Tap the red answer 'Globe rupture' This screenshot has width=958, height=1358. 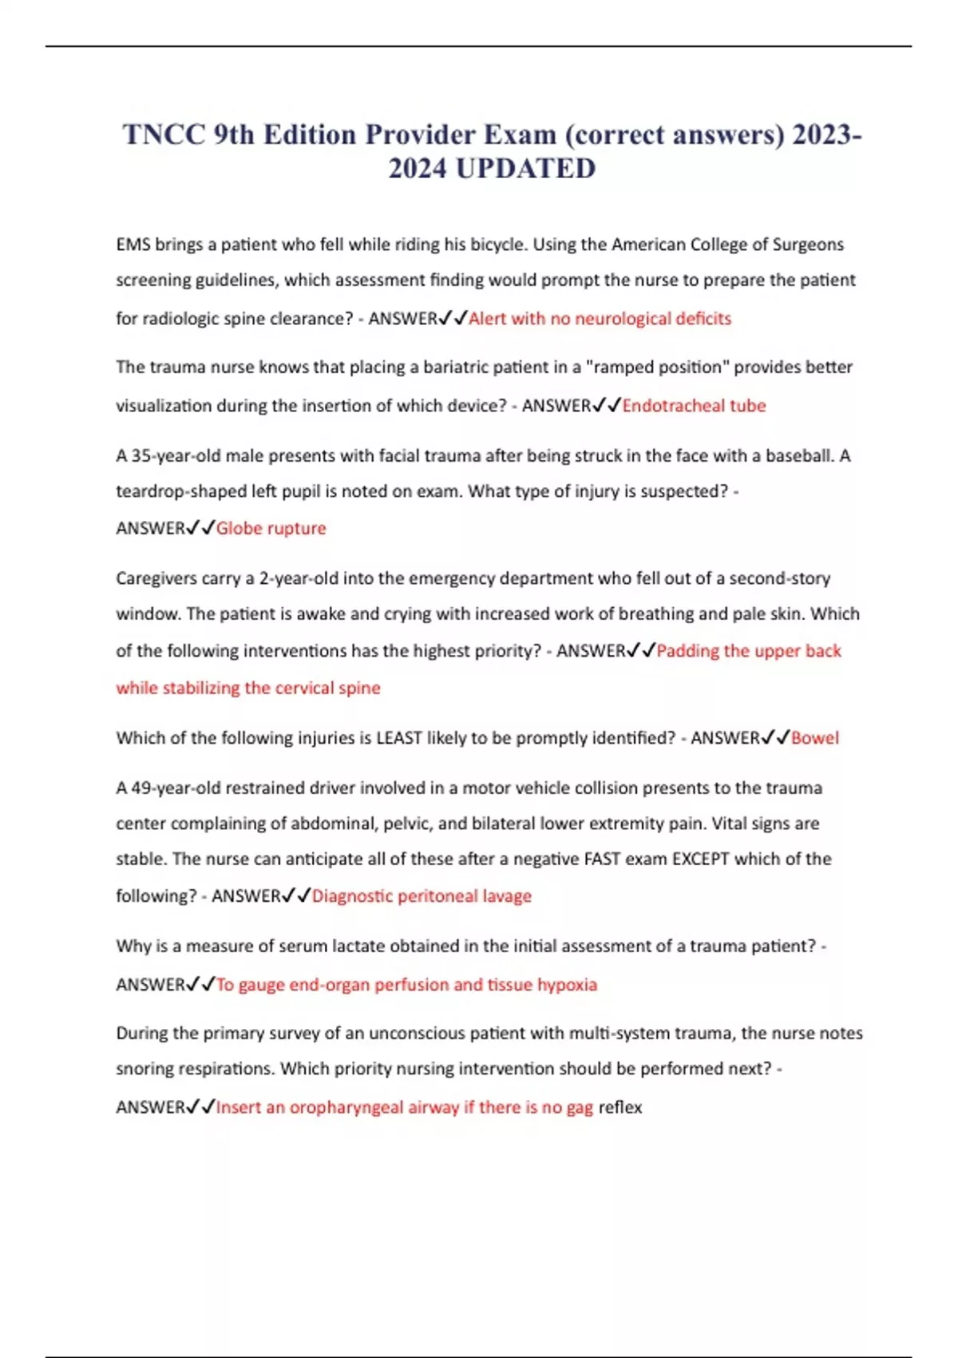click(x=271, y=528)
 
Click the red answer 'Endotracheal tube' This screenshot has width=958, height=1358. click(x=694, y=406)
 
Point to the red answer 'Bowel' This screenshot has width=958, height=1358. click(x=814, y=738)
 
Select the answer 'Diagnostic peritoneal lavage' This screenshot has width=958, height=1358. click(x=422, y=896)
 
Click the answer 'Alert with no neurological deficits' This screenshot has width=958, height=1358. click(x=600, y=319)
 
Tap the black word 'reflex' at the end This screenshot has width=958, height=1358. click(x=620, y=1107)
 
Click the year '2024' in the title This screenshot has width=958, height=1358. click(x=418, y=169)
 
